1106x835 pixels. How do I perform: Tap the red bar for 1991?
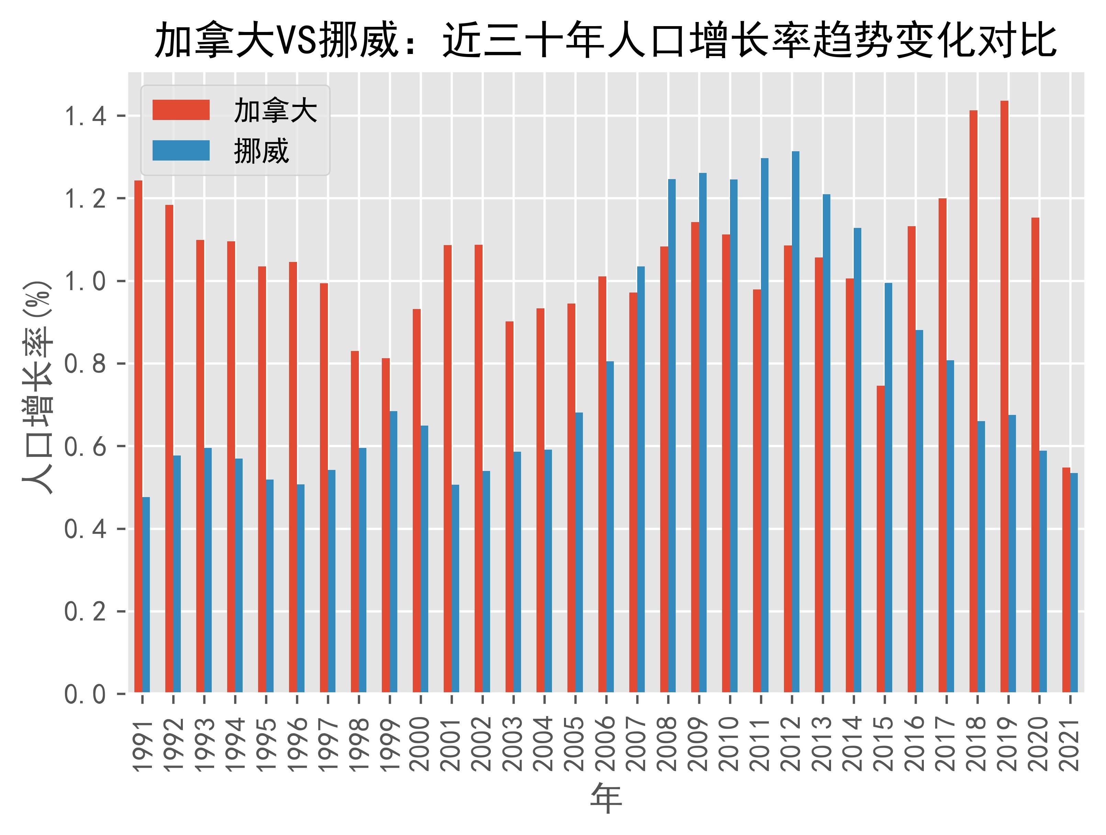138,435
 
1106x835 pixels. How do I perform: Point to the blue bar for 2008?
672,435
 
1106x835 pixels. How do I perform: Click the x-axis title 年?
606,799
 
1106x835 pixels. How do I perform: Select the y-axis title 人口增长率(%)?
37,387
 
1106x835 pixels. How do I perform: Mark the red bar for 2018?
973,400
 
